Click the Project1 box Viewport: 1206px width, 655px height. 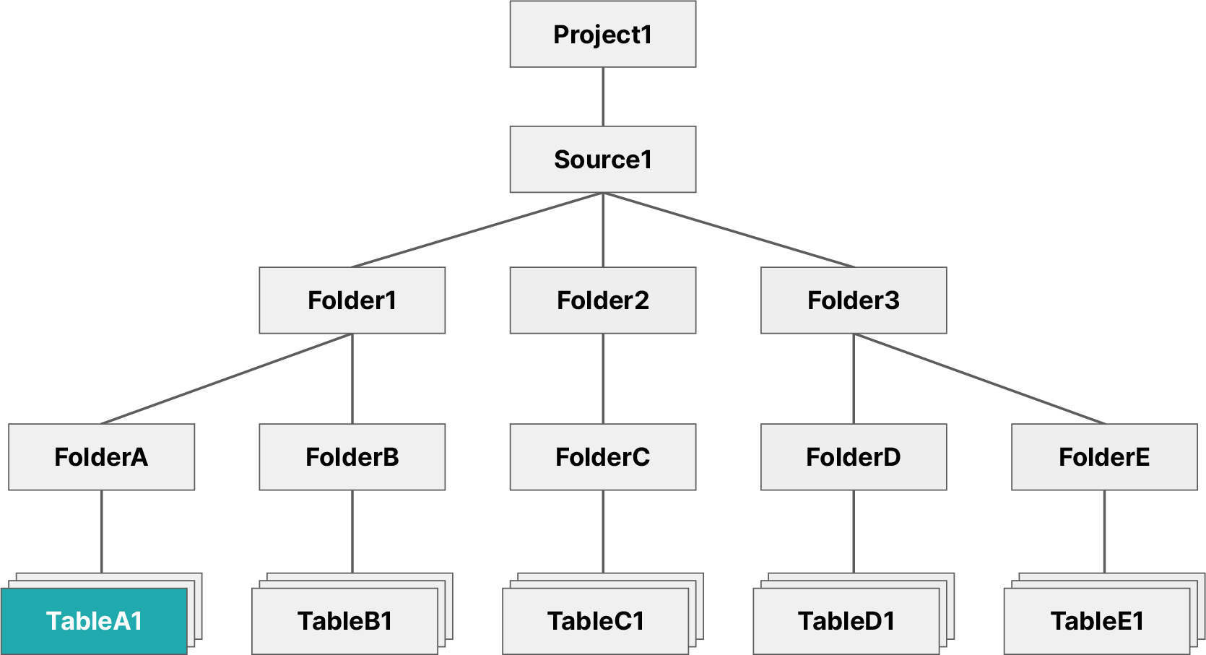[602, 34]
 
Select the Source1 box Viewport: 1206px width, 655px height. [602, 160]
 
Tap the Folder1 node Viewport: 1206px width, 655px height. [352, 300]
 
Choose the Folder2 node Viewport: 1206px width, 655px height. [602, 300]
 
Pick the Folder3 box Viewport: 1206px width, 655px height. [853, 300]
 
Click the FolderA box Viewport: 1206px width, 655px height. [101, 457]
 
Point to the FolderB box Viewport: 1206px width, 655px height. [352, 457]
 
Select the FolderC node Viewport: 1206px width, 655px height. [602, 457]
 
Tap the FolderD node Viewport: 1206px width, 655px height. [853, 457]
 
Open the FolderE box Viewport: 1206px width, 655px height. [1103, 457]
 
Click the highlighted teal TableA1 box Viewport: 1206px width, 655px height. [94, 621]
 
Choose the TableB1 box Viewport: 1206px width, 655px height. [344, 621]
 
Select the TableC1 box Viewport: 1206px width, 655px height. [595, 621]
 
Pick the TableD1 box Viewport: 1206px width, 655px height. [846, 621]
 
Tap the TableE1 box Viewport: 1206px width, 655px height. [1096, 621]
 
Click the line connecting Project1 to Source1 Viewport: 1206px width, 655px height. [602, 97]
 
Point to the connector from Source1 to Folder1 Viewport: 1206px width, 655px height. [477, 230]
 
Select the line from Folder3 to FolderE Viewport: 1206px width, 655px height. [979, 378]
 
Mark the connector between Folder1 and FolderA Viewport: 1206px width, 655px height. [226, 379]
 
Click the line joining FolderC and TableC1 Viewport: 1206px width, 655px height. [602, 531]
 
